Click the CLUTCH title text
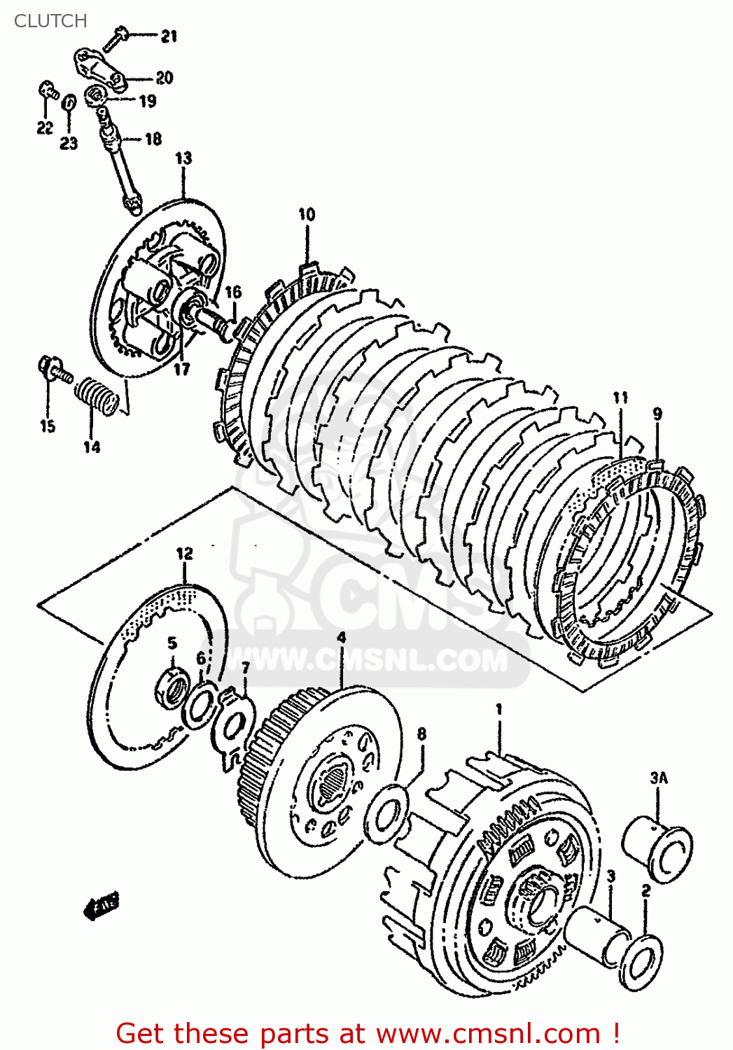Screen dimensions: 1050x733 (x=50, y=21)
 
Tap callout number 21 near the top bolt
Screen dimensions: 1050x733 (x=169, y=36)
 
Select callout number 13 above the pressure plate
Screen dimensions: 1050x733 (x=183, y=158)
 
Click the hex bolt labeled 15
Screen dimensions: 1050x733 (x=53, y=369)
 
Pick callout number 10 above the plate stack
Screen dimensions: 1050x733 (x=307, y=214)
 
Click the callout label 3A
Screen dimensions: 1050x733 (x=658, y=777)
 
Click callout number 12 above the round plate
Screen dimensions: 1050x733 (x=184, y=554)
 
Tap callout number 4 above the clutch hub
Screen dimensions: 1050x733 (x=341, y=637)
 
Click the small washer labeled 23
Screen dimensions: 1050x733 (x=69, y=102)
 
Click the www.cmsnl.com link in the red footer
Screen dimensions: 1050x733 (x=488, y=1033)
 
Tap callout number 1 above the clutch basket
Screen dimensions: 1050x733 (x=499, y=709)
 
